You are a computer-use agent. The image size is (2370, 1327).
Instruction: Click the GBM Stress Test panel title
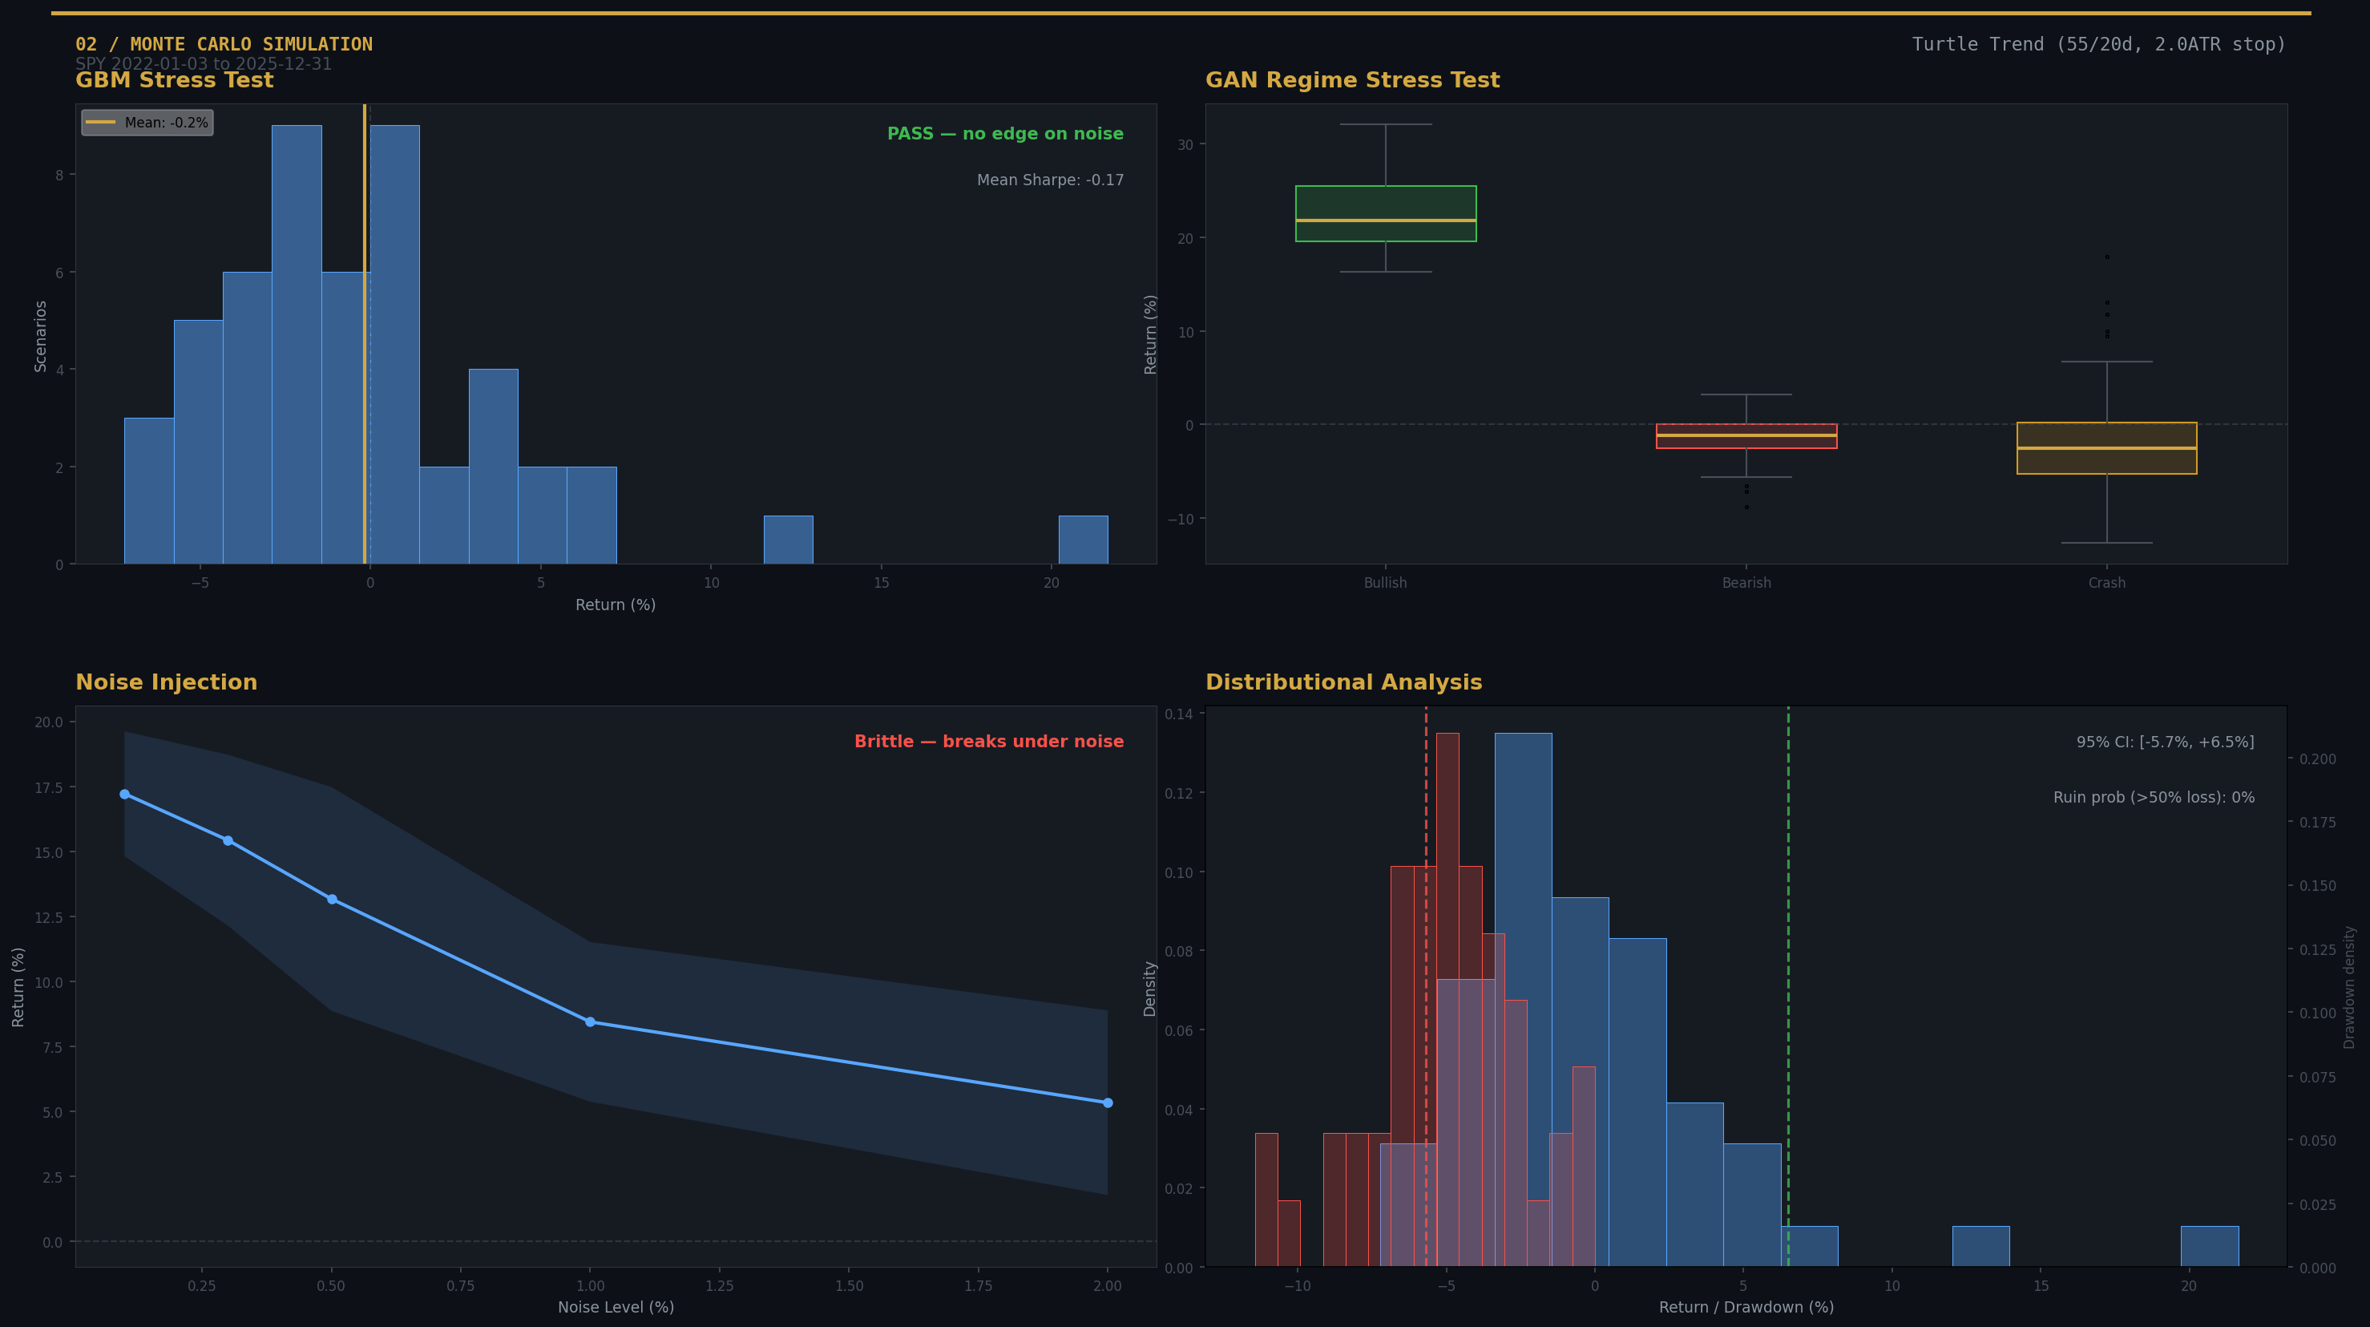[174, 80]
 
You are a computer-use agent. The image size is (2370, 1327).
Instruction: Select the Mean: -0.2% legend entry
[147, 123]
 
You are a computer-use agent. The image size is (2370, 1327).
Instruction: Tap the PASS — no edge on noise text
[1005, 133]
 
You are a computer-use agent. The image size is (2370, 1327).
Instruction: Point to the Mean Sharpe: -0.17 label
[1050, 180]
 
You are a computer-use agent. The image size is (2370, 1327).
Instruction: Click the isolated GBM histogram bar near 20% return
[1083, 540]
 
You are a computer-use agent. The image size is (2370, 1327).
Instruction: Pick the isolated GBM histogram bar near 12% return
[788, 540]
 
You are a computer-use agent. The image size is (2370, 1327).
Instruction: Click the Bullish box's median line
[1386, 220]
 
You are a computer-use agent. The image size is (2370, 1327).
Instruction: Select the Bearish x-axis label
[1746, 583]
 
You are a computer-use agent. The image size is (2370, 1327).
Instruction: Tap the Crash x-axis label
[2106, 583]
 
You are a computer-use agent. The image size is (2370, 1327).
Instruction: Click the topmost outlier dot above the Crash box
[2107, 257]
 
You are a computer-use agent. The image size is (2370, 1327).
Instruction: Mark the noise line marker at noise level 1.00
[590, 1022]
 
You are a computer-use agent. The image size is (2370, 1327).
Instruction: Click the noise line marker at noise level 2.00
[1108, 1102]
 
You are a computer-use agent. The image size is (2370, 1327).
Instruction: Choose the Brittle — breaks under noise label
[988, 742]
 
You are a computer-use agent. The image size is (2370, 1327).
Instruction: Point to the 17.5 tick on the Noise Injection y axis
[48, 787]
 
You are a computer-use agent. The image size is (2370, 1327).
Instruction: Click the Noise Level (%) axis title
[616, 1307]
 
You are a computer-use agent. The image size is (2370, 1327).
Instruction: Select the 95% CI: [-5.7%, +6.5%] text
[2165, 742]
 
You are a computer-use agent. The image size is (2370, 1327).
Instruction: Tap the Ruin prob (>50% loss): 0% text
[2153, 797]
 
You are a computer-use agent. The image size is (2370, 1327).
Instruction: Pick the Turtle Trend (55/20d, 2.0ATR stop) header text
[2097, 44]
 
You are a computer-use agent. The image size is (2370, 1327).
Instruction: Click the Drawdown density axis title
[2349, 986]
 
